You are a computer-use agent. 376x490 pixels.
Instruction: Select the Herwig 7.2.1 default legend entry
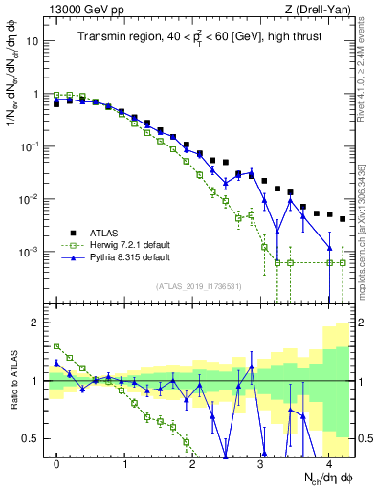click(122, 245)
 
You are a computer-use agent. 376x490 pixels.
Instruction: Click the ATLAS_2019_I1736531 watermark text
click(199, 286)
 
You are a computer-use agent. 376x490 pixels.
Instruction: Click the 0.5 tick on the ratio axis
click(32, 438)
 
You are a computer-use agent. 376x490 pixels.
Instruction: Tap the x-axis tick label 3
click(260, 462)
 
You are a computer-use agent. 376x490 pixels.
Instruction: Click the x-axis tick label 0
click(57, 462)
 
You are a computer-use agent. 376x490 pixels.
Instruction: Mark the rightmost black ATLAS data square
click(343, 219)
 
